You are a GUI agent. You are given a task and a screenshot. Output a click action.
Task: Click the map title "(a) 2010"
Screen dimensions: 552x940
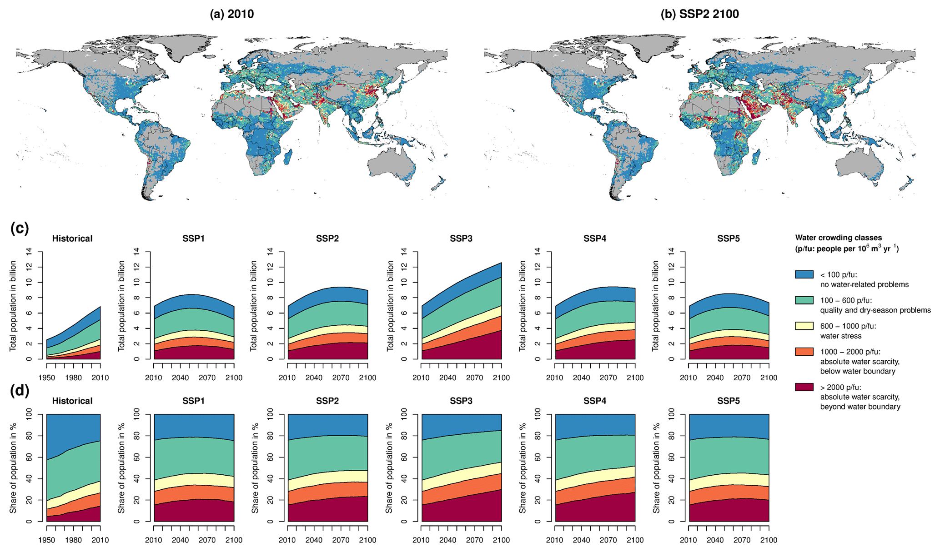pos(231,14)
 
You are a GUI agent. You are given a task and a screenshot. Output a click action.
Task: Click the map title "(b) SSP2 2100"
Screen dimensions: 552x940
pos(699,14)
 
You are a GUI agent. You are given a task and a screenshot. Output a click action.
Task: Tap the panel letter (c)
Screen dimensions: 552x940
pos(19,228)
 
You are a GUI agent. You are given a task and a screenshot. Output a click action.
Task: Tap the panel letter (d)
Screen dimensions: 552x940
pos(19,391)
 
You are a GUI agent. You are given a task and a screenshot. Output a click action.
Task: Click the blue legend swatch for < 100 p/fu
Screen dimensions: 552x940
pos(804,274)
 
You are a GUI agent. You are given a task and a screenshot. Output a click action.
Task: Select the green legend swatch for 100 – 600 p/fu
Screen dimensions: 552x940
pos(804,300)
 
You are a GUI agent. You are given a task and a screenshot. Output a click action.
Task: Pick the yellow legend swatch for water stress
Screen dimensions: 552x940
pos(804,326)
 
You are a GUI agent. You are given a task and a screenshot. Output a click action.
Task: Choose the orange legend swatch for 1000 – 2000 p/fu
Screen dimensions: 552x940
pos(804,352)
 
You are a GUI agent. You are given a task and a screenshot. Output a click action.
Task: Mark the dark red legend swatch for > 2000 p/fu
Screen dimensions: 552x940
pos(804,387)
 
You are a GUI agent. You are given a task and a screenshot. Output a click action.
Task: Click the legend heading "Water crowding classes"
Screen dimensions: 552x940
pos(838,238)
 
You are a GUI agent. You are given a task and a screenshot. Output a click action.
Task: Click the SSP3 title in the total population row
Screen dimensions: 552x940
pos(461,239)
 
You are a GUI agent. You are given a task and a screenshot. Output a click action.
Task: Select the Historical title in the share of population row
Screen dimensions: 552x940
pos(72,401)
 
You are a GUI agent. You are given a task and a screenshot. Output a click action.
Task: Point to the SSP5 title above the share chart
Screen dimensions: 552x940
pos(729,401)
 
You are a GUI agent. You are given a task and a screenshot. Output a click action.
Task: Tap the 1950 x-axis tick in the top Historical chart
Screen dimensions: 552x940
pos(47,378)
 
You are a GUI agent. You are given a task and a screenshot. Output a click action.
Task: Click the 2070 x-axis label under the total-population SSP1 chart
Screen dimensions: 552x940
pos(207,378)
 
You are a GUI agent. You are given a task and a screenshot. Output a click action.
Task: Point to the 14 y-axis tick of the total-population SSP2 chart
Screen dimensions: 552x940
pos(270,251)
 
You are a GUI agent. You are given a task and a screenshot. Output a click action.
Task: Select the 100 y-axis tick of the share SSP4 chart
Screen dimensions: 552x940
pos(538,414)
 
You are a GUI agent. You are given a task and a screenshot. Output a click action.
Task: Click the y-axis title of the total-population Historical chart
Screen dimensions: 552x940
pos(13,305)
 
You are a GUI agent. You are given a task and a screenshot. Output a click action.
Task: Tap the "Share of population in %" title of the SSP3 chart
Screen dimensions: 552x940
pos(389,468)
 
